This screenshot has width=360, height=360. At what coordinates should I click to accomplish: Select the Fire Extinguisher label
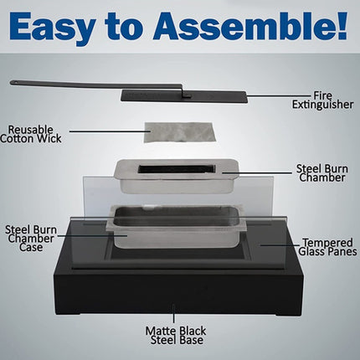click(x=322, y=100)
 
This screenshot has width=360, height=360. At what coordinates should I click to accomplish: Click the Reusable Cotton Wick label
click(x=31, y=134)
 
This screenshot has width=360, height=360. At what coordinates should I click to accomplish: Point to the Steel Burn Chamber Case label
click(x=31, y=239)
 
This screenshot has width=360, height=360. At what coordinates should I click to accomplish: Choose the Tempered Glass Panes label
click(x=327, y=247)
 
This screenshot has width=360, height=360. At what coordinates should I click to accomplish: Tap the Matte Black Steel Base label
click(x=176, y=336)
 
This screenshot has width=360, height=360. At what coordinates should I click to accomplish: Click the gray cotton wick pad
click(x=180, y=131)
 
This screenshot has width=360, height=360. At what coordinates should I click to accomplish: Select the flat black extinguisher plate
click(x=184, y=97)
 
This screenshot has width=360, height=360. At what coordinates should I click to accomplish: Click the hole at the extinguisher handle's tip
click(x=14, y=82)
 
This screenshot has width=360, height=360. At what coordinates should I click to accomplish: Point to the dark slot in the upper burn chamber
click(x=177, y=169)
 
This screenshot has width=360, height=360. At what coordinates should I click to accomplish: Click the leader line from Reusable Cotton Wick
click(x=110, y=131)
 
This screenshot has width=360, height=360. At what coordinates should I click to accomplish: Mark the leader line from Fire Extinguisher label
click(x=280, y=96)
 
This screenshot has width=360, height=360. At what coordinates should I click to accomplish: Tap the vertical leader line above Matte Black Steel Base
click(x=174, y=314)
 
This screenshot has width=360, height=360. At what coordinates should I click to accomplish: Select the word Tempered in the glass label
click(x=328, y=243)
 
